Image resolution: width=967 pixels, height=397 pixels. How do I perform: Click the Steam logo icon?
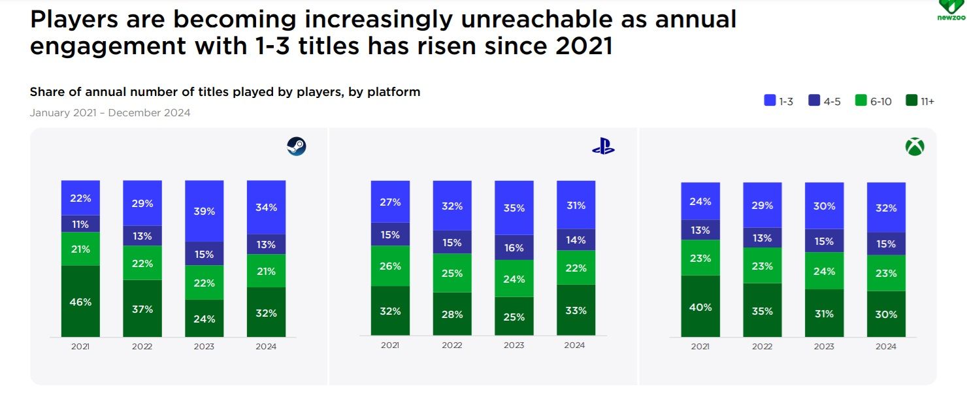coord(297,146)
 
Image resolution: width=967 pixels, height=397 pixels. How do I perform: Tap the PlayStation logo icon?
coord(603,147)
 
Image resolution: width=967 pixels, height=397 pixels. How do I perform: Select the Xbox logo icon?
coord(915,147)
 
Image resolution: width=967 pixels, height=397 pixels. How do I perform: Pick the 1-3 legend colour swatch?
coord(770,101)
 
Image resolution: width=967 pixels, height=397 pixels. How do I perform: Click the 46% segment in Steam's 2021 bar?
coord(81,302)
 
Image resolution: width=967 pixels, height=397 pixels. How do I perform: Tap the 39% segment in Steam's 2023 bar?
coord(205,211)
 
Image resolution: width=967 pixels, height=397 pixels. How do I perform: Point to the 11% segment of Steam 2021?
coord(81,224)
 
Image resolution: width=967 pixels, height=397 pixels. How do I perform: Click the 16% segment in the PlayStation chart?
coord(514,248)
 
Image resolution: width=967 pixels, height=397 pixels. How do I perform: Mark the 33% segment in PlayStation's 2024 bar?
coord(576,310)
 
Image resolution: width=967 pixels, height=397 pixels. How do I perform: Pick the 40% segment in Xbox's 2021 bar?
coord(700,306)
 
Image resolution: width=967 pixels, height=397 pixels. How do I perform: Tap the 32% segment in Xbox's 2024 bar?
coord(886,208)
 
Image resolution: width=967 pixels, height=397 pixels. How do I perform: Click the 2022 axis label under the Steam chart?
coord(142,347)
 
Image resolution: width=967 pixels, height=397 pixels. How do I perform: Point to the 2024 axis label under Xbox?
coord(886,347)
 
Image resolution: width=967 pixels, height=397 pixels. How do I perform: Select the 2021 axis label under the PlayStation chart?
coord(390,345)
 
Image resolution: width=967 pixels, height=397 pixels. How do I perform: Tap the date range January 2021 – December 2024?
coord(110,113)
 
